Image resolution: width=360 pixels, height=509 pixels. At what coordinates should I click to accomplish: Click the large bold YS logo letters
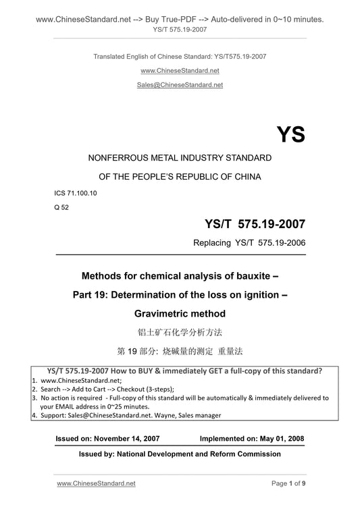(290, 134)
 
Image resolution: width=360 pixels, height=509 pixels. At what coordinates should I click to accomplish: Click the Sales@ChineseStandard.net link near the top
(180, 85)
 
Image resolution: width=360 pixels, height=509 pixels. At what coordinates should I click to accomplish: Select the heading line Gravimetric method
(180, 313)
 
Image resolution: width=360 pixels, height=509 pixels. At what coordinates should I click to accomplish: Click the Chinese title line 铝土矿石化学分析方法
(180, 332)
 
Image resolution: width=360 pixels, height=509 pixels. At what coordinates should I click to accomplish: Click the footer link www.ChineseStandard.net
(96, 483)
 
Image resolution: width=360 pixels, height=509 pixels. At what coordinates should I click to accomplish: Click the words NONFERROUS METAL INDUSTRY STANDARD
(180, 158)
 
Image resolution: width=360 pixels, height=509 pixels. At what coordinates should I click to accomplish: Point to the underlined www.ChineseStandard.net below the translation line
(180, 70)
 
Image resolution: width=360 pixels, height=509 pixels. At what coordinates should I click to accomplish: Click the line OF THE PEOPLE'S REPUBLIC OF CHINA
(180, 176)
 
